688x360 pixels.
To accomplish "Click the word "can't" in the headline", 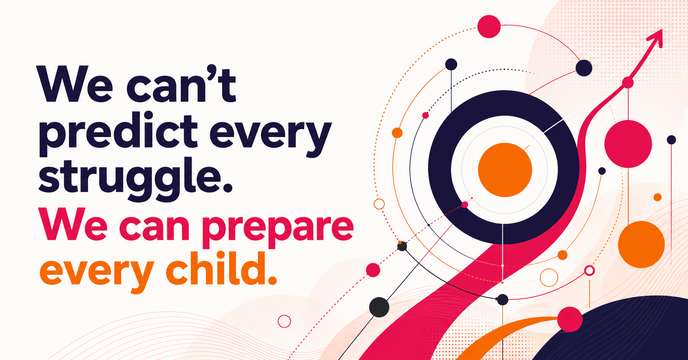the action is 181,84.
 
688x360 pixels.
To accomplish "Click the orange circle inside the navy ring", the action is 505,170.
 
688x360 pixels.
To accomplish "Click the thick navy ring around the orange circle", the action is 440,167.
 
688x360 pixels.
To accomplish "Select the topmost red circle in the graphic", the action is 489,27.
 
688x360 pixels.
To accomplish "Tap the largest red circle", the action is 628,144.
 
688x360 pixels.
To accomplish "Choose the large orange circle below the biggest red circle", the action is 641,244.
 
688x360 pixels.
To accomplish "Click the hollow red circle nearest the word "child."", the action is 284,321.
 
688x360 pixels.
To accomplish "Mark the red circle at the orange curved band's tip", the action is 570,319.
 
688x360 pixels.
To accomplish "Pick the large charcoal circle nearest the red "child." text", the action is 379,307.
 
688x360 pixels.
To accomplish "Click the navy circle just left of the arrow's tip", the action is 584,68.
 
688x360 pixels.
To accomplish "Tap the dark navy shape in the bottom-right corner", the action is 627,333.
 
